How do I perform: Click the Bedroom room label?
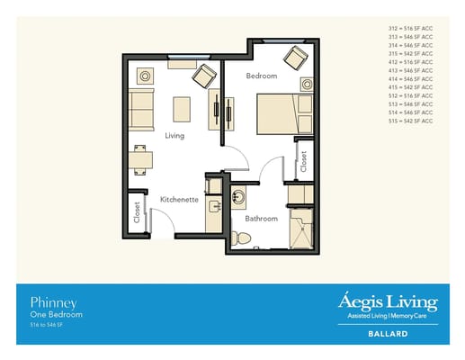pos(262,76)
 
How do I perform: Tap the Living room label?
pos(174,136)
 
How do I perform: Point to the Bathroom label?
pos(262,218)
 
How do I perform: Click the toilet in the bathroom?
pos(239,238)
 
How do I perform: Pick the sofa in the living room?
pos(142,109)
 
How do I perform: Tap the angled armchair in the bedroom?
pos(295,58)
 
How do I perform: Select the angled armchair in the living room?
pos(204,75)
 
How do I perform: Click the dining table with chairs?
pos(141,161)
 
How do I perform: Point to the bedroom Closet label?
pos(304,161)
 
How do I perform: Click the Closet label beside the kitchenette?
pos(138,212)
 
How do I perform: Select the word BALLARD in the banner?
pos(389,333)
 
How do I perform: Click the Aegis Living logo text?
pos(388,301)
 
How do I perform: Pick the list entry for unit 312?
pos(410,29)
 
